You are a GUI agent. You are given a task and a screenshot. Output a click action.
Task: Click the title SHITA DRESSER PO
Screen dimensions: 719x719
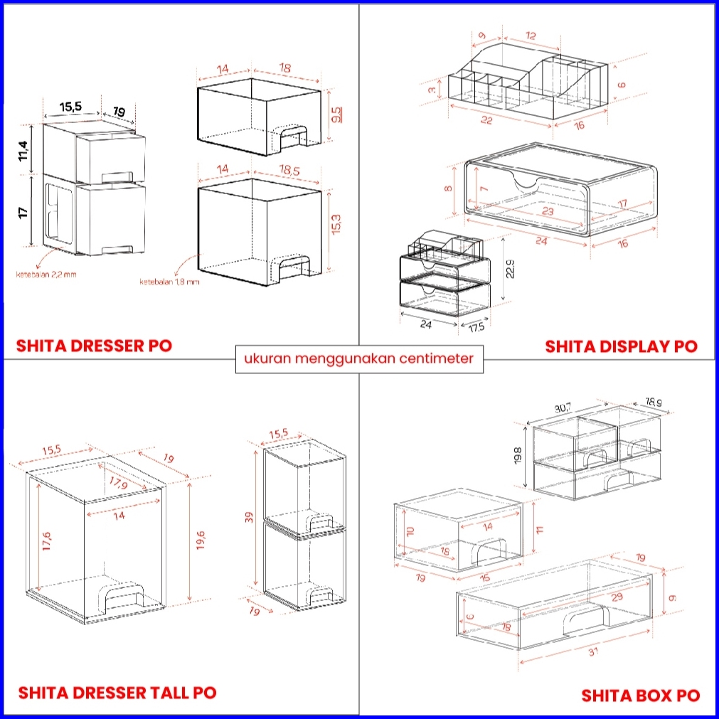click(x=94, y=346)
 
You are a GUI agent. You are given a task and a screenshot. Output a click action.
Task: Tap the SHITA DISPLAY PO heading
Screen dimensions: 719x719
click(x=621, y=346)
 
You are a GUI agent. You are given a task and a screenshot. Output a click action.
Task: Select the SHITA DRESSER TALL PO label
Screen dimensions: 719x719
click(x=117, y=692)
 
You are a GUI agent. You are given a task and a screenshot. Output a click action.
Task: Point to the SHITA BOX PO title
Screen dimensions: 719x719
click(x=640, y=695)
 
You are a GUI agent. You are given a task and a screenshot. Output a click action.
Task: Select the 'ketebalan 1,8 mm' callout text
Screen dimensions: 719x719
click(x=170, y=282)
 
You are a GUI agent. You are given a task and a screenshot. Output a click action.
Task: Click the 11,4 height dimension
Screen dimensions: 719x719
click(x=23, y=151)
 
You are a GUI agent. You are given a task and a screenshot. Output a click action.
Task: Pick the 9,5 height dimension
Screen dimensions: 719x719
click(x=336, y=114)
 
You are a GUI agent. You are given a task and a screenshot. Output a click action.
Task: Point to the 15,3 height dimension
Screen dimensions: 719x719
click(x=336, y=227)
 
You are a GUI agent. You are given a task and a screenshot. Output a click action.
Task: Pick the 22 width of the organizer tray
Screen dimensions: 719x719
click(x=486, y=120)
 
